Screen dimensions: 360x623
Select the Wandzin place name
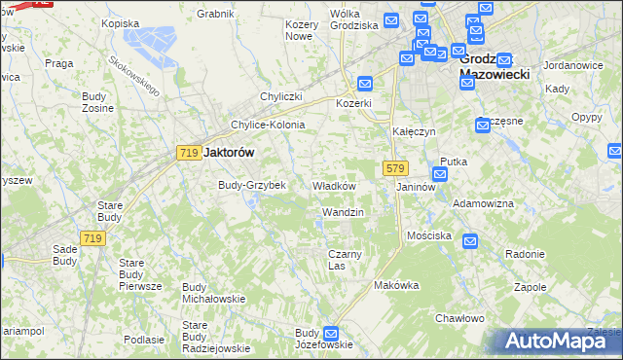[343, 212]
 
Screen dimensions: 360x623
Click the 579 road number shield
[394, 168]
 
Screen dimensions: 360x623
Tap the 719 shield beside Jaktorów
[190, 153]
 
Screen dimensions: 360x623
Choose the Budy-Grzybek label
[251, 185]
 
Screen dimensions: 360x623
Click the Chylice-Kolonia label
[268, 126]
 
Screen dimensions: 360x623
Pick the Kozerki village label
[354, 103]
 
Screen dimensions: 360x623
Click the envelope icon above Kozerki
[365, 84]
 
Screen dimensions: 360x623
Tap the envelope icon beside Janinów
[439, 174]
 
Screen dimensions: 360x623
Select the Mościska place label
[429, 236]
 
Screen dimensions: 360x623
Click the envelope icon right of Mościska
[470, 241]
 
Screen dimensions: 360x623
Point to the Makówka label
[396, 286]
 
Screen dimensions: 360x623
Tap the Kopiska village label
[121, 22]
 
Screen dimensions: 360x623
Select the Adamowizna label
[484, 205]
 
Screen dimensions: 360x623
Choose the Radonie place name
[525, 254]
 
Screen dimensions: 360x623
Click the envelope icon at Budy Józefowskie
[330, 333]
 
